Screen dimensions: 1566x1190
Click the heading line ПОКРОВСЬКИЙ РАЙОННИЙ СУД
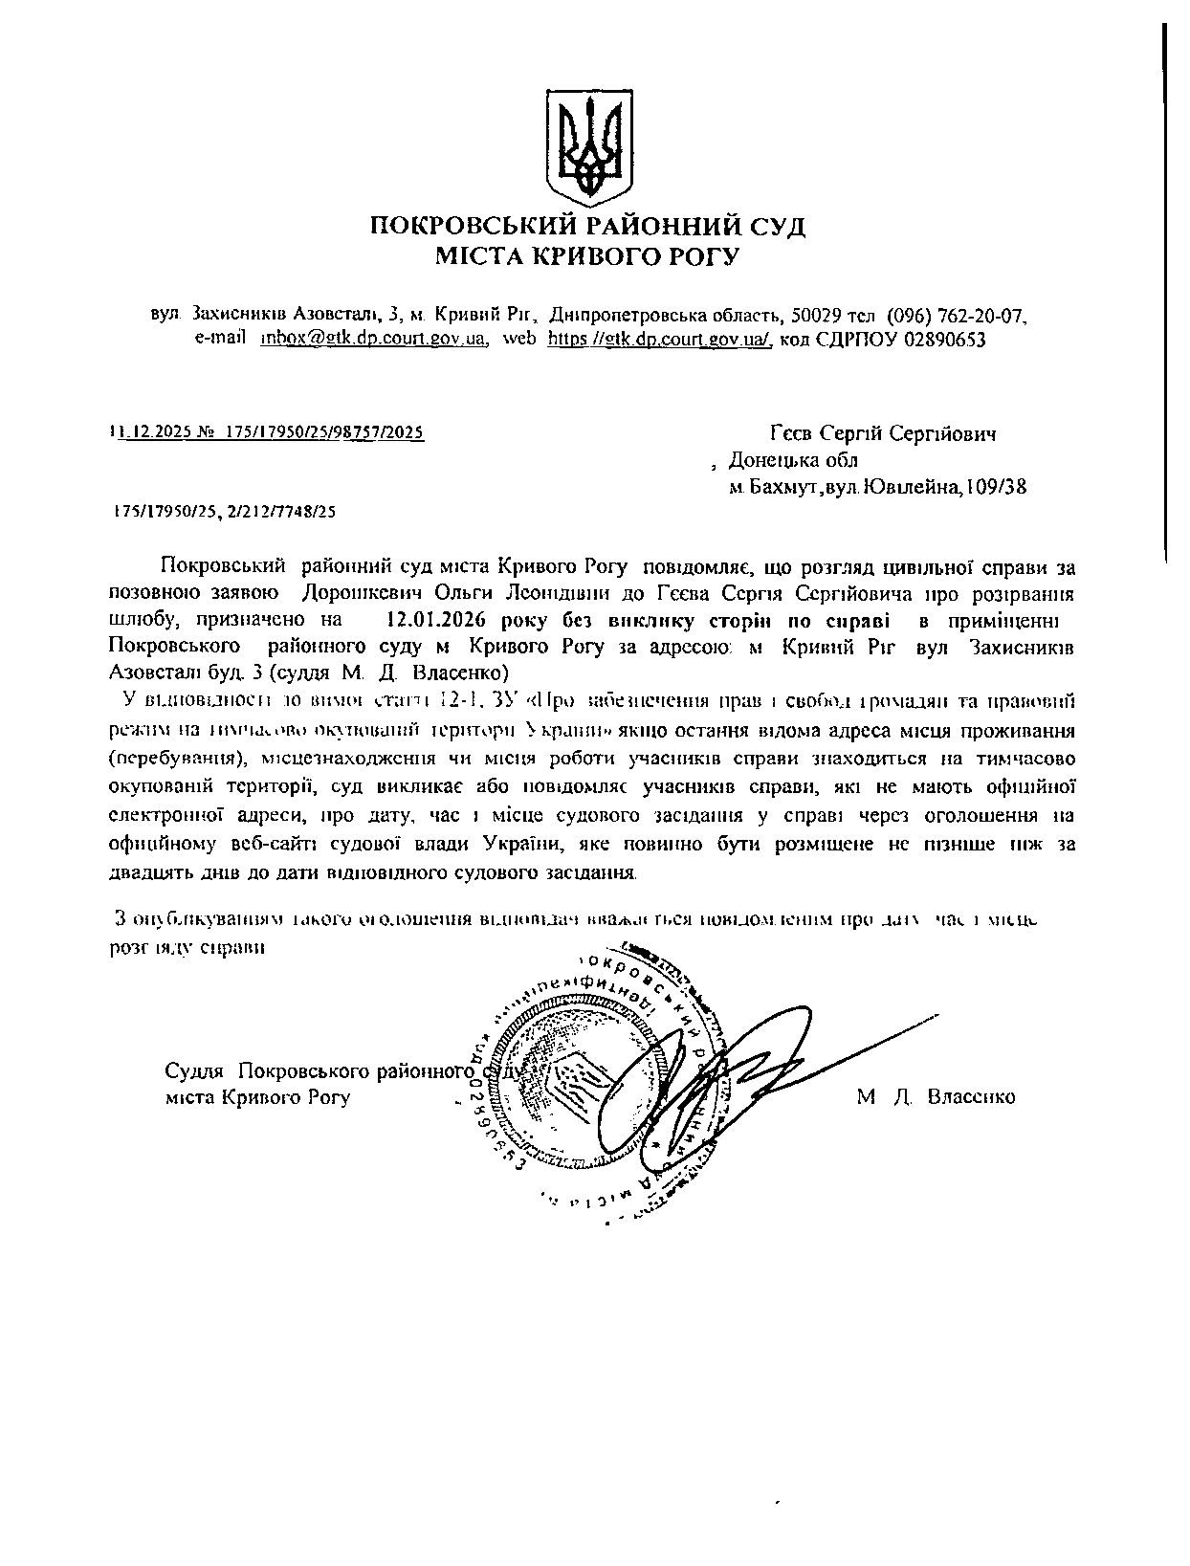coord(587,227)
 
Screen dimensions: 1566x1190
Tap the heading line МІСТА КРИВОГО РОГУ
coord(587,256)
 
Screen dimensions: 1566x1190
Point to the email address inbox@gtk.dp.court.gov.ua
coord(374,339)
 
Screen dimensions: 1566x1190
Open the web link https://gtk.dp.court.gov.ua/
coord(659,339)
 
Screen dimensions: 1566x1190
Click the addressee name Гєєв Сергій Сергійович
coord(884,434)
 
